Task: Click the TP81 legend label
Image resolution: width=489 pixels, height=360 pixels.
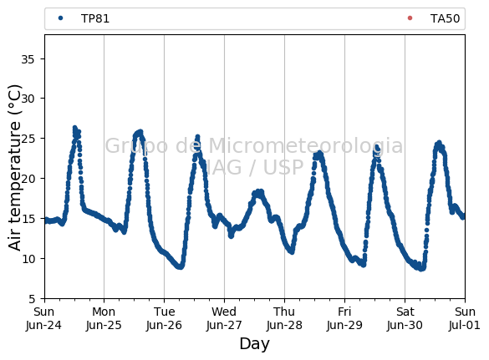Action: click(95, 18)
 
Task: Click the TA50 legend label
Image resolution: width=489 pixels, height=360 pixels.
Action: click(445, 18)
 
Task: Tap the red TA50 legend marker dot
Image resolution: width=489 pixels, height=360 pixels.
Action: click(410, 18)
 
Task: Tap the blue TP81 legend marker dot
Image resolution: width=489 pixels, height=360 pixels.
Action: click(60, 18)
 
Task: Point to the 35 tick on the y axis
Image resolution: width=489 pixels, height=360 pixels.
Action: click(28, 59)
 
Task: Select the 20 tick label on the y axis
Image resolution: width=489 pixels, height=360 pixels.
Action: click(28, 179)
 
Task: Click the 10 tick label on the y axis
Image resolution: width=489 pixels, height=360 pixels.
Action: click(28, 259)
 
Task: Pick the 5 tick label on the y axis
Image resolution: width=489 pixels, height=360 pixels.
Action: click(32, 299)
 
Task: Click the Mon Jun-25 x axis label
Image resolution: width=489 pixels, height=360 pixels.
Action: click(104, 318)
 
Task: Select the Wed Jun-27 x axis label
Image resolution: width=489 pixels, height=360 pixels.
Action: click(224, 318)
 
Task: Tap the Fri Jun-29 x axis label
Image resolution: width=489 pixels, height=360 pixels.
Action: click(344, 318)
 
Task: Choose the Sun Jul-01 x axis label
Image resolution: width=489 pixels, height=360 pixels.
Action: click(465, 318)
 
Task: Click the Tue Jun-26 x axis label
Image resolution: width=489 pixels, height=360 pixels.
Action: click(164, 318)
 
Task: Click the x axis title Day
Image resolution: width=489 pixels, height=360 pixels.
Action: click(254, 344)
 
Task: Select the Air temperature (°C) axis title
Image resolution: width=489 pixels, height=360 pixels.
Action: click(14, 168)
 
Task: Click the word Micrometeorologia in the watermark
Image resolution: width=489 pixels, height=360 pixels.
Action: click(306, 146)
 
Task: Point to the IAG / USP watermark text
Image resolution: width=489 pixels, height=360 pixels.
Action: click(254, 167)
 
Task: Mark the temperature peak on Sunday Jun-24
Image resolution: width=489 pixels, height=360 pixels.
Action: click(74, 128)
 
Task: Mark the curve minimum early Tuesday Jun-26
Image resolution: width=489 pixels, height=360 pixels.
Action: click(180, 266)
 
